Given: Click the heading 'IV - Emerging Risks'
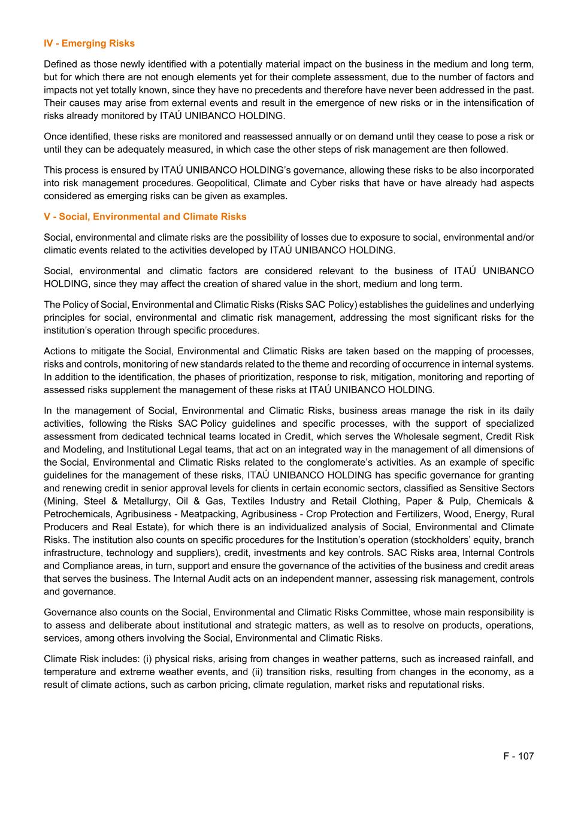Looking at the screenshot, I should click(89, 43).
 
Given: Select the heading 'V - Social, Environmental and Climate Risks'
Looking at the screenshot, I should click(145, 217).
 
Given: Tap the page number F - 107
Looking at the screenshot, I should click(518, 756).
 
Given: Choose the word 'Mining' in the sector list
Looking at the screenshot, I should click(59, 501).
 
